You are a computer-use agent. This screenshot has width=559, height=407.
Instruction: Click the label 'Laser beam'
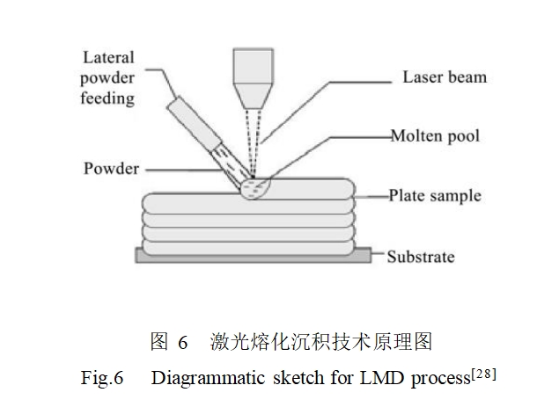[444, 76]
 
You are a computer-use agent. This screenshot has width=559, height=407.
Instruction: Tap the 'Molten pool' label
[435, 136]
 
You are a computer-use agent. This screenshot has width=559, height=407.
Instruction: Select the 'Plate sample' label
[435, 195]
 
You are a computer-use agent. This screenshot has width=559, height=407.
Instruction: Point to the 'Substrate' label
[421, 257]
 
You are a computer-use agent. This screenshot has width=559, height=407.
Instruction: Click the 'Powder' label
[111, 168]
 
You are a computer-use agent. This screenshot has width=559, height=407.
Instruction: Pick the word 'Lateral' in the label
[108, 58]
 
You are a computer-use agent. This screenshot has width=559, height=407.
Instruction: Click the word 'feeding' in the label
[108, 98]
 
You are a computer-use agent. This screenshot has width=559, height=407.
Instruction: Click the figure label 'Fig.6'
[100, 379]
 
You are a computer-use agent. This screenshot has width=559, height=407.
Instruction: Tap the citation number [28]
[485, 374]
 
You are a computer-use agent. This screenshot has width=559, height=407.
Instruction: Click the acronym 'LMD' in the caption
[371, 379]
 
